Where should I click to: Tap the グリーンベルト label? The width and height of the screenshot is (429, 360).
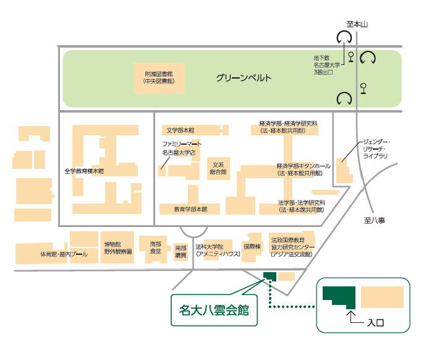point(244,79)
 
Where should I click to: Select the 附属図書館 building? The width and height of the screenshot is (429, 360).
point(159,77)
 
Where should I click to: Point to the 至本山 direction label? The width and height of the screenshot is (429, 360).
point(357,24)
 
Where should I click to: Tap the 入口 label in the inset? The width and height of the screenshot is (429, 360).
point(376,322)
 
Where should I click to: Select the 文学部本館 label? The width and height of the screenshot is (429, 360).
point(181,131)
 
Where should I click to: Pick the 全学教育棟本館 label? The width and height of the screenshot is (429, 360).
point(84,170)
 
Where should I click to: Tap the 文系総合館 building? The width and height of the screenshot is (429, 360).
point(218,168)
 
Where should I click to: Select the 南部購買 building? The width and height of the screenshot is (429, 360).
point(181,251)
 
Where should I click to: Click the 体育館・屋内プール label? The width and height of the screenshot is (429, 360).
point(64,254)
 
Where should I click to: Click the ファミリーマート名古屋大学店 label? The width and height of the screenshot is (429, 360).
point(179,147)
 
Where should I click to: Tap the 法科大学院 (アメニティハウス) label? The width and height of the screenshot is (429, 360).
point(213,250)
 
